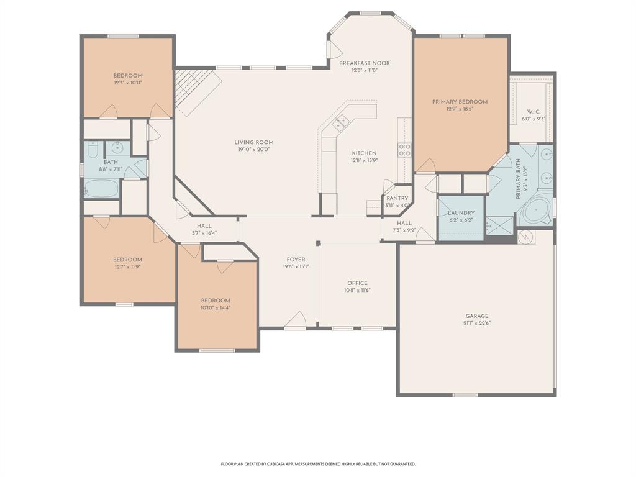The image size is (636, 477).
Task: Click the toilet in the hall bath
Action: tap(93, 150)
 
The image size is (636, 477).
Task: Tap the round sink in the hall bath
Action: tap(116, 148)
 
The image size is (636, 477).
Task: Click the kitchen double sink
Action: tap(340, 122)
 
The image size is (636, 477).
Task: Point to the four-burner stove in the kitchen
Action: tap(404, 149)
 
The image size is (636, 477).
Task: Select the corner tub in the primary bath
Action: tap(535, 212)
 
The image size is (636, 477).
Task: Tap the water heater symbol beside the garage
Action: tap(527, 237)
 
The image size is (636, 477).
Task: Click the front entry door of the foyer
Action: tap(296, 320)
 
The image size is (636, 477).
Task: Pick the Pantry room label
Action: tap(397, 198)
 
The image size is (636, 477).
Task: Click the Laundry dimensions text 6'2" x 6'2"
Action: tap(461, 220)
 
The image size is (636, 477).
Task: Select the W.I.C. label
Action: tap(533, 112)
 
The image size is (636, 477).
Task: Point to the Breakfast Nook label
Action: tap(365, 63)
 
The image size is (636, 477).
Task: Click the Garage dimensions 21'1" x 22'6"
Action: tap(477, 323)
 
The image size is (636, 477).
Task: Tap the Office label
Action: tap(357, 283)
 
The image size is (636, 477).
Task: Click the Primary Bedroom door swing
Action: tap(425, 165)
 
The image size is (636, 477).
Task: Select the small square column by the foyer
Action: tap(318, 243)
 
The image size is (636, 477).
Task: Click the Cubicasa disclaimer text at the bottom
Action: tap(318, 464)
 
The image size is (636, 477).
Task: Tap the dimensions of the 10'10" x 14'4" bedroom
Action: tap(216, 307)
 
